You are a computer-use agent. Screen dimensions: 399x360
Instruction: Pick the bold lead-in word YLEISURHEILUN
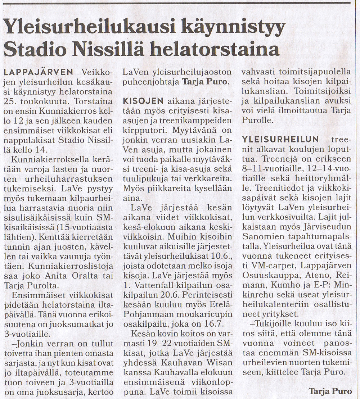[x=280, y=139]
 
